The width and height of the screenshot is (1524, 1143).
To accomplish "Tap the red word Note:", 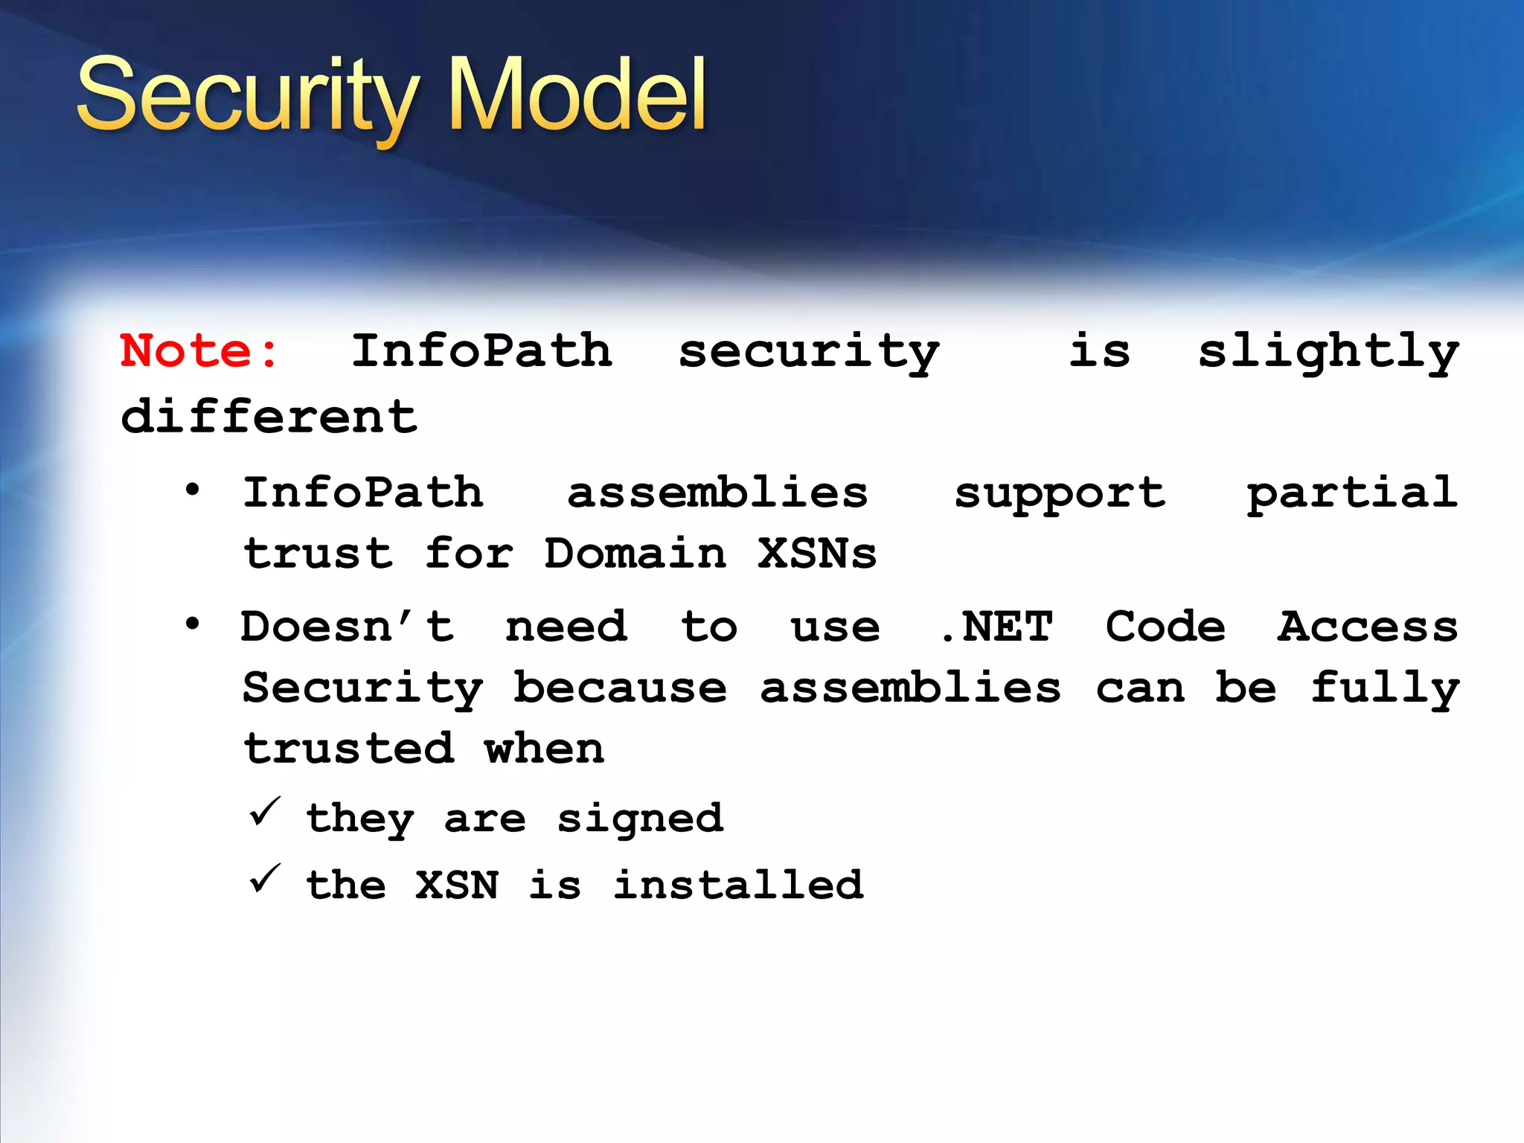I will point(199,350).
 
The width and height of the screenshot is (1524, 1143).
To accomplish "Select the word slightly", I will point(1328,352).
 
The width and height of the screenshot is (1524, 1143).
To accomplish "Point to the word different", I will point(269,416).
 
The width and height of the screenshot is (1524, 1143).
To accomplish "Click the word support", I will point(1060,493).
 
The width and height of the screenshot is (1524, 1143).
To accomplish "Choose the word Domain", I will point(635,554).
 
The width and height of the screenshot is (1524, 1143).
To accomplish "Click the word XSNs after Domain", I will point(817,554).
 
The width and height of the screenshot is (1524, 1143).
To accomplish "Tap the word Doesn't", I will point(348,627).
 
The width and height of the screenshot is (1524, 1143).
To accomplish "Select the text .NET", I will point(996,627).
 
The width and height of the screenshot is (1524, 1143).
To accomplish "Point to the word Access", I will point(1368,627).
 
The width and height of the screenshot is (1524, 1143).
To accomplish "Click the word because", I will point(620,688).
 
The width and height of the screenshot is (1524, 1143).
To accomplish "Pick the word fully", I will point(1385,689).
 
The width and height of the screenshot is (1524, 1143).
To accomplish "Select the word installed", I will point(738,885).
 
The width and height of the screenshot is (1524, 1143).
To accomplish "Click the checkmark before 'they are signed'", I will point(264,812).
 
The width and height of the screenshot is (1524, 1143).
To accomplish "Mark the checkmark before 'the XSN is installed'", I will point(264,879).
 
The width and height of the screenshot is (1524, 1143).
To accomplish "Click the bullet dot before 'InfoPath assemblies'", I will point(193,490).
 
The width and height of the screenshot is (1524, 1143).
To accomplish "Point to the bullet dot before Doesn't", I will point(193,624).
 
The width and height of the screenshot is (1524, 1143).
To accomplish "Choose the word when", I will point(544,749).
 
